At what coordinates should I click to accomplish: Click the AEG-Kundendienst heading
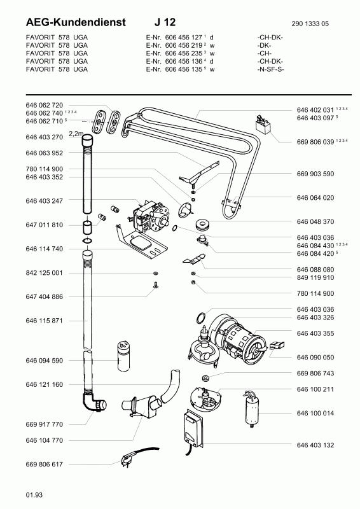(76, 22)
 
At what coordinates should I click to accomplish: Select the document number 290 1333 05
(310, 24)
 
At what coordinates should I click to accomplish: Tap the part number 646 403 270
(44, 137)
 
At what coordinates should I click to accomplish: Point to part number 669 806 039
(315, 142)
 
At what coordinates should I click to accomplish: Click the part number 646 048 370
(315, 221)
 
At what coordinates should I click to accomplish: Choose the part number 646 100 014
(315, 413)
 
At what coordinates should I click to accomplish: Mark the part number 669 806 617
(44, 464)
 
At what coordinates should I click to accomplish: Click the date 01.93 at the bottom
(34, 495)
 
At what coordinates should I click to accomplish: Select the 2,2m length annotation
(76, 134)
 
